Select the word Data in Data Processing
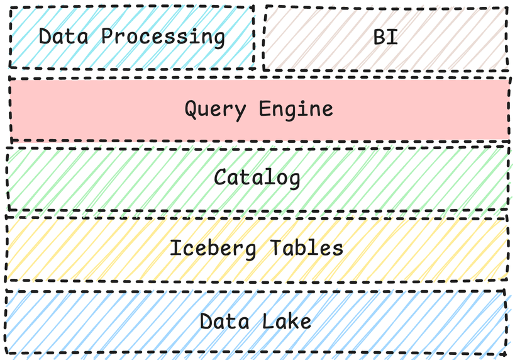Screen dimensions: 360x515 pyautogui.click(x=62, y=37)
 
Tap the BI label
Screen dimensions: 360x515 pyautogui.click(x=385, y=37)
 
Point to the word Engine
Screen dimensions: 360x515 pyautogui.click(x=296, y=110)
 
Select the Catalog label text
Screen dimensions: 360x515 pyautogui.click(x=257, y=178)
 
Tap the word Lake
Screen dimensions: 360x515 pyautogui.click(x=287, y=322)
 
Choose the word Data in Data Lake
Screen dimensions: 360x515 pyautogui.click(x=223, y=322)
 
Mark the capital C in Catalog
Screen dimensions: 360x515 pyautogui.click(x=220, y=178)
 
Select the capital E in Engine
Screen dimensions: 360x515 pyautogui.click(x=265, y=110)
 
